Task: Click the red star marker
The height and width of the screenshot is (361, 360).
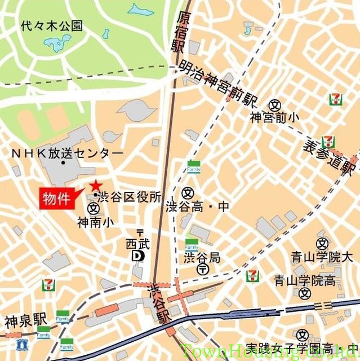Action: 96,184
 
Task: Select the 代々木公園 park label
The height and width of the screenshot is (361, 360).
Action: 51,25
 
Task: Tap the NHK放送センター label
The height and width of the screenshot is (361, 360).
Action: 67,153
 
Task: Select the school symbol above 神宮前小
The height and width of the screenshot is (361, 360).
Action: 274,105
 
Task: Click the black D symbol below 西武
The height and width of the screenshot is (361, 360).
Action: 137,256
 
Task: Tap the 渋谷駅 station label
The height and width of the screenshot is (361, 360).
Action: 158,305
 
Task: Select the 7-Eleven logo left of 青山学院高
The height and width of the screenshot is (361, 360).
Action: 253,275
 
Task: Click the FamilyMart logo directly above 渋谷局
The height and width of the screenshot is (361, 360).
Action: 192,245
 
